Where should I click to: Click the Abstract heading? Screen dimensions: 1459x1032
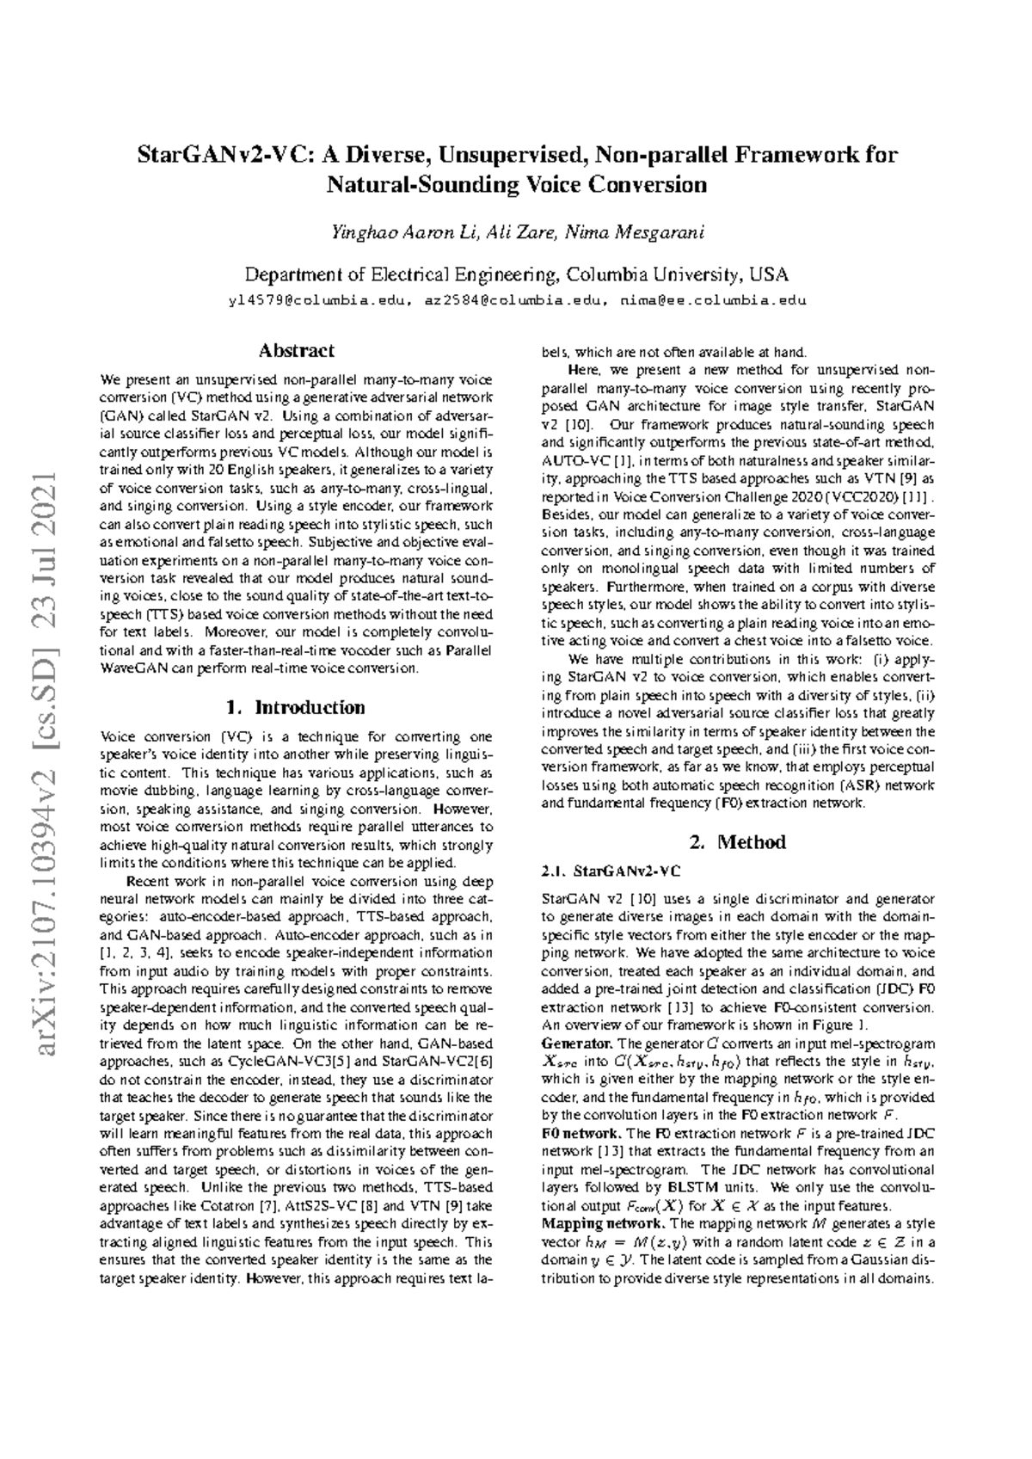(297, 351)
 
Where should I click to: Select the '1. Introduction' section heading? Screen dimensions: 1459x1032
(295, 707)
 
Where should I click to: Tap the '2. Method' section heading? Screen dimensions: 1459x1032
(738, 842)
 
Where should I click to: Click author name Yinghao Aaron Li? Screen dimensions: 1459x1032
(403, 233)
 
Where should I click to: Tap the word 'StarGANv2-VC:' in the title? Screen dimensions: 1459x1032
(216, 157)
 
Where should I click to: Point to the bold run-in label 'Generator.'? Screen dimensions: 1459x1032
(572, 1043)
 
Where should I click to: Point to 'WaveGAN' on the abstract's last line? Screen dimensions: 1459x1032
(128, 668)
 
